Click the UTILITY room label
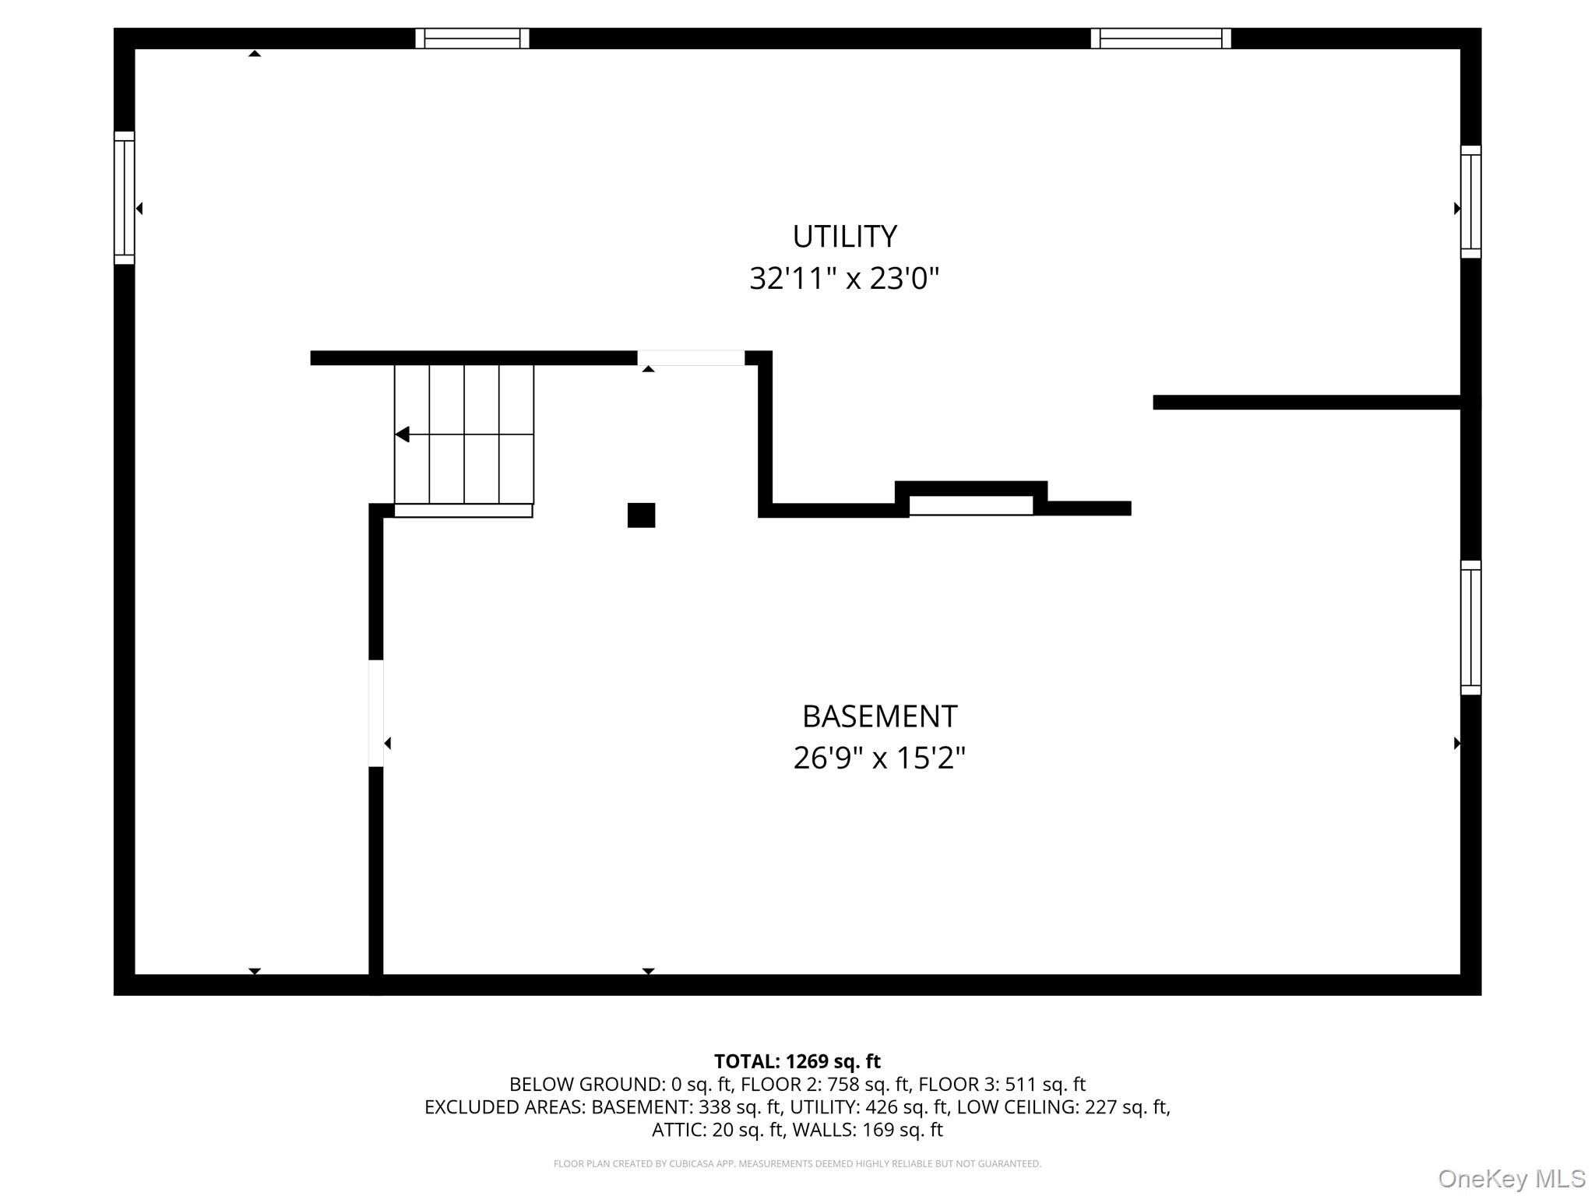[x=844, y=237]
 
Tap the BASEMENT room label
[x=879, y=716]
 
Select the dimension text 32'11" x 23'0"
[x=844, y=278]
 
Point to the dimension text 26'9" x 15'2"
[x=879, y=758]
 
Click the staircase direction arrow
[x=403, y=434]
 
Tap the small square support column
[x=641, y=515]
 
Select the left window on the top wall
[x=472, y=38]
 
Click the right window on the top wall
[x=1160, y=38]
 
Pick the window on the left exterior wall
[x=125, y=198]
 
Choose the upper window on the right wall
[x=1470, y=202]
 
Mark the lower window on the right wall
[x=1470, y=628]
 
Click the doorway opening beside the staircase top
[x=691, y=358]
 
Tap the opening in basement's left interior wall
[x=376, y=713]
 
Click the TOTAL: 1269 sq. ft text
[x=797, y=1061]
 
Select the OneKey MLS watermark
[x=1511, y=1179]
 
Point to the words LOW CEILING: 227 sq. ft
[x=1062, y=1106]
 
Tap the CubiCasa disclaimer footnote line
[x=797, y=1164]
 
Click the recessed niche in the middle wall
[x=971, y=505]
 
